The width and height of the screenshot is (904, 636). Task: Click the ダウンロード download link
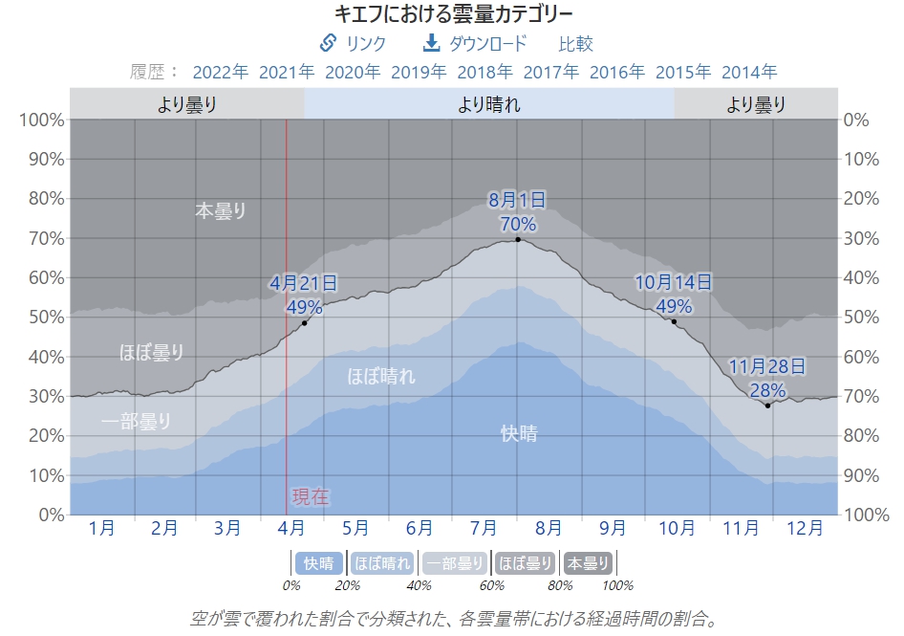tap(475, 43)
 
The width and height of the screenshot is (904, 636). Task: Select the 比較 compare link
tap(575, 43)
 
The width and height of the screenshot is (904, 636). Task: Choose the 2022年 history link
tap(220, 72)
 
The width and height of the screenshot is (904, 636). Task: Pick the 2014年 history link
tap(749, 72)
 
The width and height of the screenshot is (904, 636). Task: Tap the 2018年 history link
tap(484, 72)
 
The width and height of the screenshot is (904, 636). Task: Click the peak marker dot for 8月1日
tap(518, 239)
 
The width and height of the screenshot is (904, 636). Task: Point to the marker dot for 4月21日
tap(305, 322)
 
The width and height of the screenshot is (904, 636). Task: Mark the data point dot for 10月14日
tap(674, 321)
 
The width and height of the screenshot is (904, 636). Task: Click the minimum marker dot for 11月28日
tap(767, 406)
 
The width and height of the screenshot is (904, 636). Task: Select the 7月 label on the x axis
tap(484, 527)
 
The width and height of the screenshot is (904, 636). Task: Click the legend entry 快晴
tap(319, 563)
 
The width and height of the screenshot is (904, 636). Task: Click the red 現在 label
tap(311, 496)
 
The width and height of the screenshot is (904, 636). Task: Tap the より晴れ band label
tap(489, 104)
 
